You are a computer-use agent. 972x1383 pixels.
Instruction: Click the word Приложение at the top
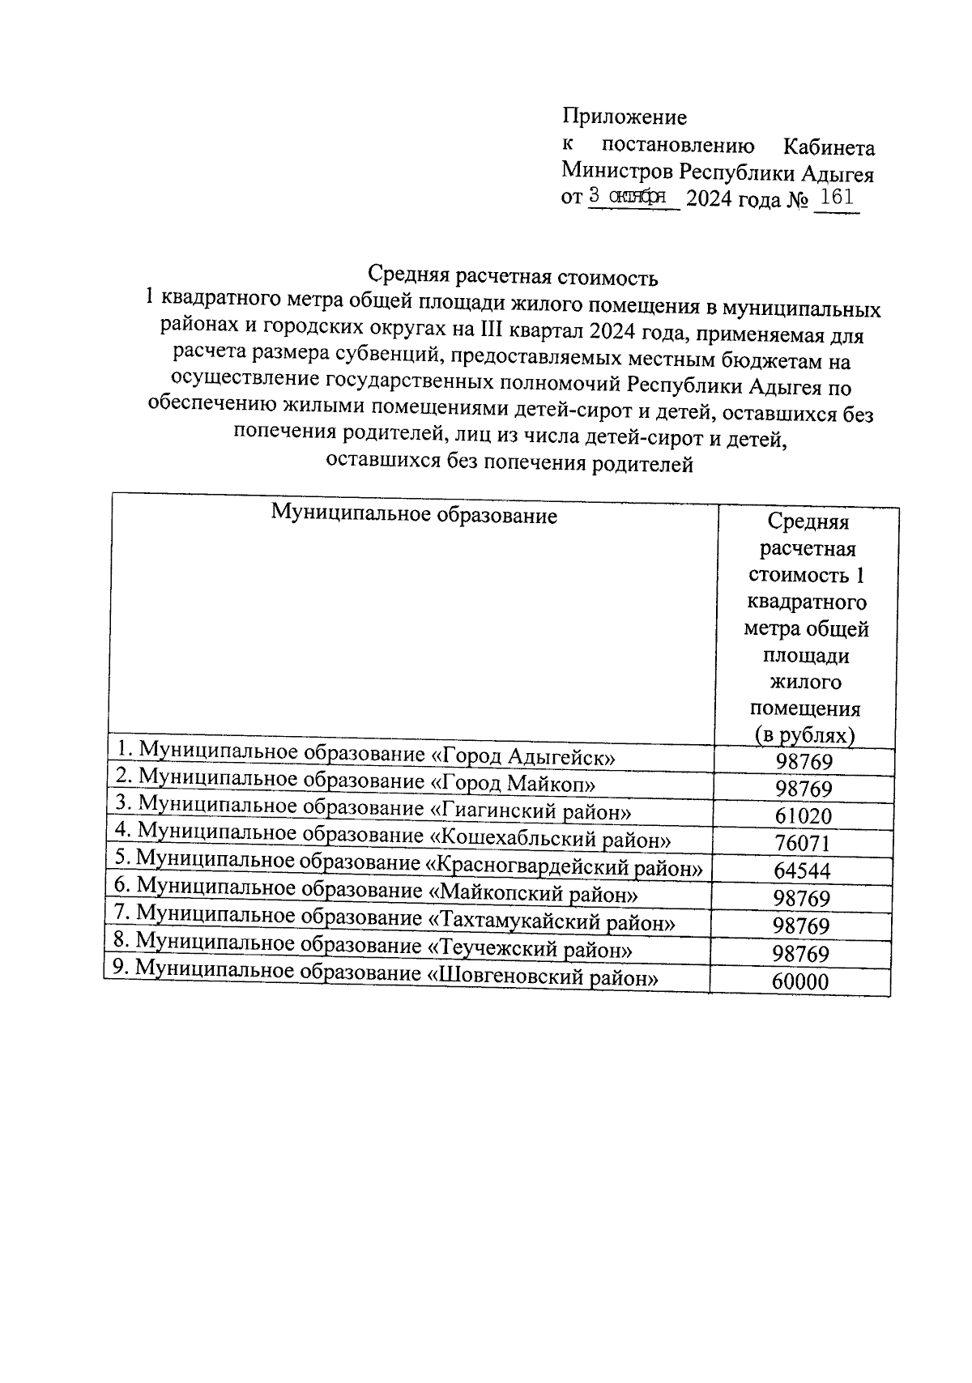coord(625,117)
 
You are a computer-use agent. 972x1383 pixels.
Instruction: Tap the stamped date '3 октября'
coord(627,197)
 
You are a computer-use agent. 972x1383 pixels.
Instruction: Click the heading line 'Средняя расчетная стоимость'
coord(513,277)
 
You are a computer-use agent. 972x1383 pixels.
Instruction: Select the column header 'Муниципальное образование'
coord(413,515)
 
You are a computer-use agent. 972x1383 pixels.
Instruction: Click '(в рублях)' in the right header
coord(804,734)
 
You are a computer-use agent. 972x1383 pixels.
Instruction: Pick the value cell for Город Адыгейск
coord(803,762)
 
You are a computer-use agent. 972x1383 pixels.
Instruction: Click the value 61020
coord(803,816)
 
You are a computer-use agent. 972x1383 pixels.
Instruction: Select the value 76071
coord(802,844)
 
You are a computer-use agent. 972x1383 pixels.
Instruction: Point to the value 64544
coord(802,871)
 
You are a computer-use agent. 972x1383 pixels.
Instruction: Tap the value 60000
coord(800,981)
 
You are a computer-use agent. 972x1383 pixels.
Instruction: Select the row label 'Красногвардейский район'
coord(407,864)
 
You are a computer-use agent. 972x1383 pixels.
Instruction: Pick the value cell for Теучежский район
coord(800,953)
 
